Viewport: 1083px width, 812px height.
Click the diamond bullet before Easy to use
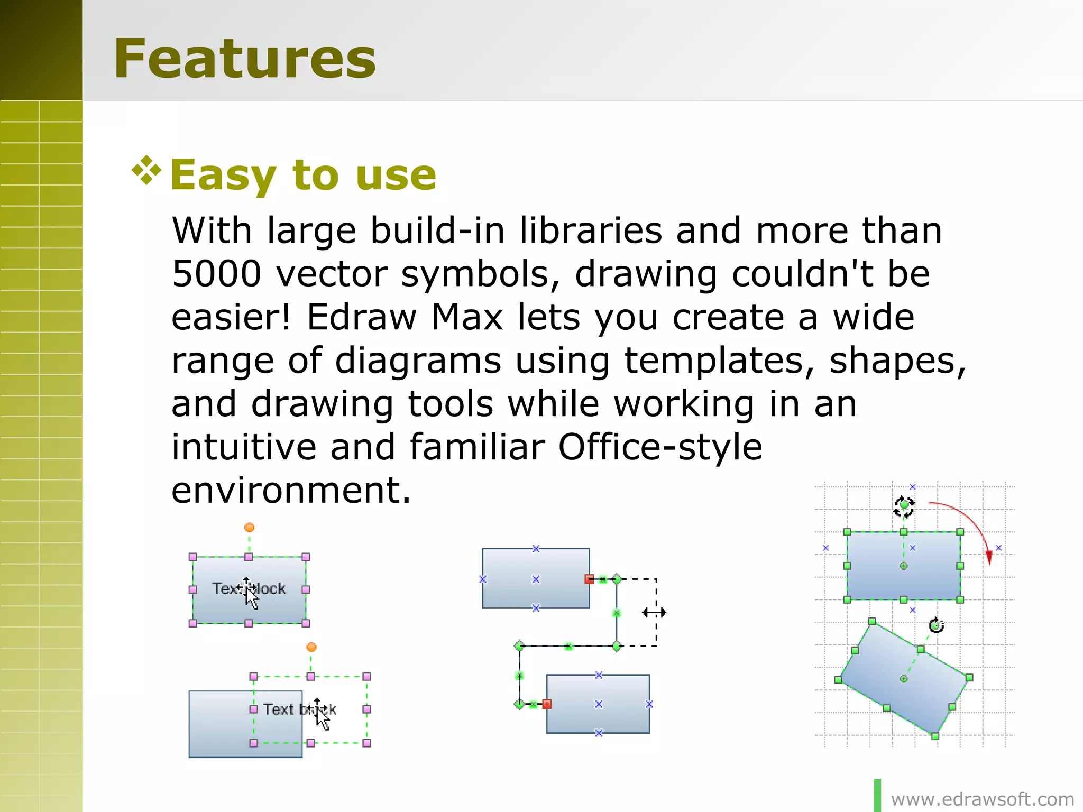pyautogui.click(x=146, y=171)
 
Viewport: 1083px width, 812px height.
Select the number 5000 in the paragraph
pyautogui.click(x=217, y=274)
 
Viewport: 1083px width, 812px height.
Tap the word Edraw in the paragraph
pyautogui.click(x=362, y=317)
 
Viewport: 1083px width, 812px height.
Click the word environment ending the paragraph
pyautogui.click(x=290, y=491)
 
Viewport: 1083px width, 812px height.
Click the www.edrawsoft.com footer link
pyautogui.click(x=983, y=799)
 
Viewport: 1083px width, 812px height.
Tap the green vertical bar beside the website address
pyautogui.click(x=877, y=795)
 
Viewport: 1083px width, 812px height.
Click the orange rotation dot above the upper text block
pyautogui.click(x=249, y=527)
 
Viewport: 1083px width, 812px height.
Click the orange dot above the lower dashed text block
pyautogui.click(x=311, y=647)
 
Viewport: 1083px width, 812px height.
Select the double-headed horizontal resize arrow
pyautogui.click(x=654, y=612)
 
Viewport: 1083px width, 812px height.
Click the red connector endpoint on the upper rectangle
pyautogui.click(x=589, y=579)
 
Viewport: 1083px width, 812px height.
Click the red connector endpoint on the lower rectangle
pyautogui.click(x=547, y=704)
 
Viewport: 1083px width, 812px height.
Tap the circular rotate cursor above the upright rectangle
pyautogui.click(x=904, y=506)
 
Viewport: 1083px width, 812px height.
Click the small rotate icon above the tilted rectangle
pyautogui.click(x=937, y=625)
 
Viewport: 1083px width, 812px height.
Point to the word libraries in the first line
pyautogui.click(x=590, y=230)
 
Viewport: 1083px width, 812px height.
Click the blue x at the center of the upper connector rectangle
pyautogui.click(x=536, y=579)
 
